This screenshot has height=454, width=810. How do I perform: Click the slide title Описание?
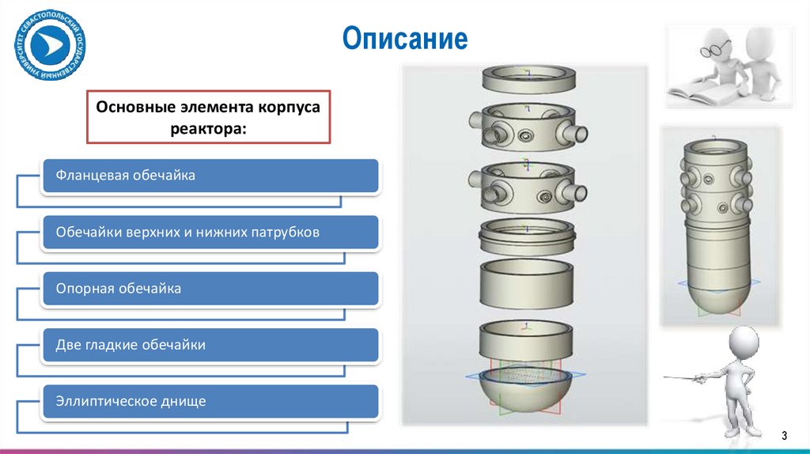(405, 38)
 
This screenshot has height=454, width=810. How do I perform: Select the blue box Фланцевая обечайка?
(210, 176)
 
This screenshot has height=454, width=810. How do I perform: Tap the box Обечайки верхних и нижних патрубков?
(210, 233)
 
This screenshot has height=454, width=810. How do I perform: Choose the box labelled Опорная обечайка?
(210, 289)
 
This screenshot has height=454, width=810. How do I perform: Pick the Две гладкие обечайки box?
(210, 346)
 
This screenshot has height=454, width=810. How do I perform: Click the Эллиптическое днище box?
(210, 402)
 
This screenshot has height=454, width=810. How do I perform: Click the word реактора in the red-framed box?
(208, 127)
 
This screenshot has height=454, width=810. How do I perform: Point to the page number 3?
(785, 436)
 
